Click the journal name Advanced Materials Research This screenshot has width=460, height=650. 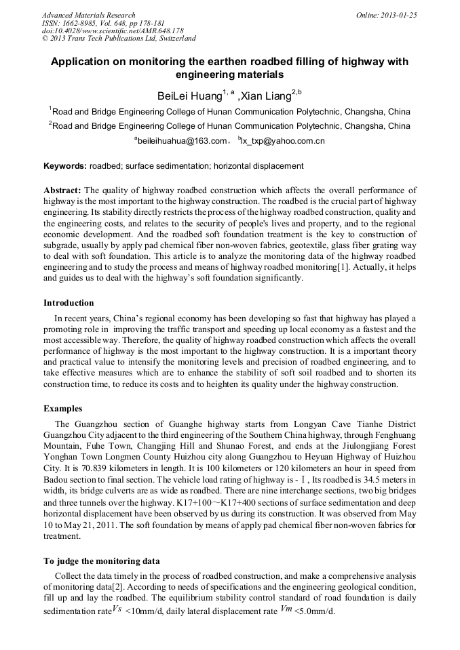tap(88, 15)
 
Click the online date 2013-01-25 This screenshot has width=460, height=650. tap(396, 15)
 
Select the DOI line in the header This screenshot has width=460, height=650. tap(113, 31)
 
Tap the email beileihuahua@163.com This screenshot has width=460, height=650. tap(181, 141)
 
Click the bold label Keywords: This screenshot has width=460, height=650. tap(65, 166)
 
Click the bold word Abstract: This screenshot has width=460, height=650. tap(62, 190)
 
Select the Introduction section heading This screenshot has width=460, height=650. tap(69, 302)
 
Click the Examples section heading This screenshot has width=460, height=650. tap(63, 409)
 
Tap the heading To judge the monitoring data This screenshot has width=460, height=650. tap(102, 561)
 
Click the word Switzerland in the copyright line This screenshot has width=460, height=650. tap(174, 39)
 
